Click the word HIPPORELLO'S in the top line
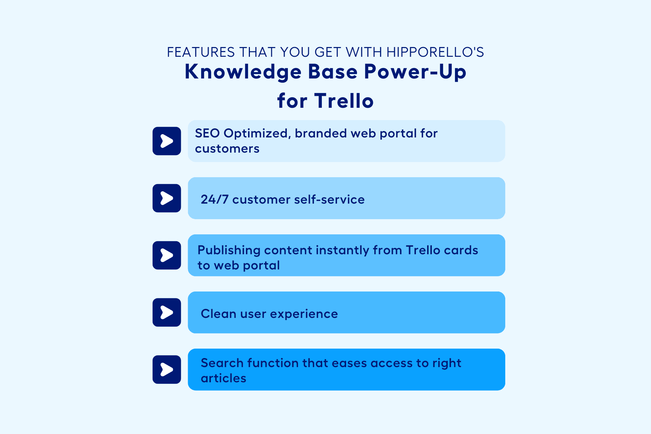tap(435, 52)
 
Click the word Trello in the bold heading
tap(344, 101)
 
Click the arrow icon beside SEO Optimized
tap(167, 141)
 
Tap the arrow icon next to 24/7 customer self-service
tap(167, 198)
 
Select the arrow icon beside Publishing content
tap(167, 255)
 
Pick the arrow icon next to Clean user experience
tap(167, 312)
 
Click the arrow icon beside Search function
tap(167, 370)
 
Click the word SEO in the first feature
tap(207, 133)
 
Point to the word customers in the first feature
tap(227, 149)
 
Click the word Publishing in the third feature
tap(229, 251)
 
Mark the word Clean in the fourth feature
tap(218, 314)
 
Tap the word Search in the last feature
tap(222, 363)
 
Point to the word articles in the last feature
tap(224, 379)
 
